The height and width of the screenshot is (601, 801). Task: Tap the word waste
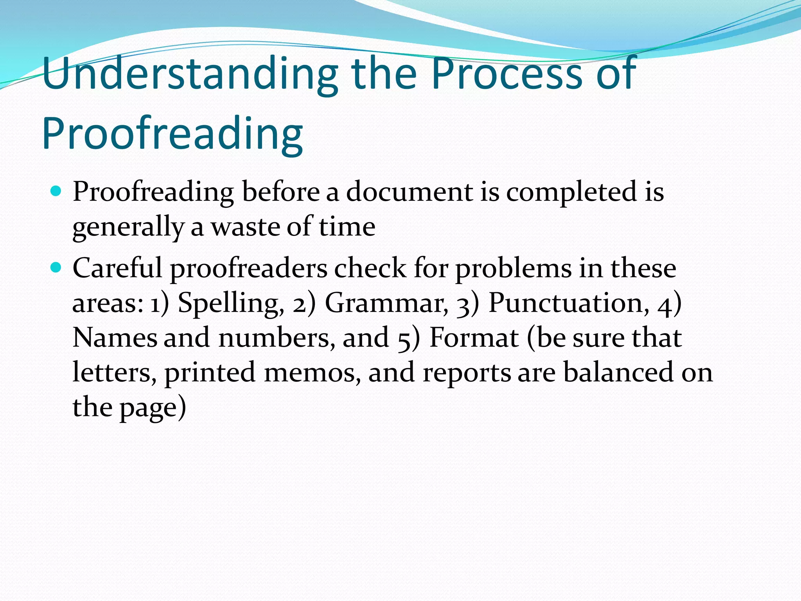click(x=245, y=227)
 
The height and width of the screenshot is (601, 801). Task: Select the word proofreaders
click(x=249, y=269)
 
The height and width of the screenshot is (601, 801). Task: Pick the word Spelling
click(x=231, y=303)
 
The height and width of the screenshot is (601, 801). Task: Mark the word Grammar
click(x=387, y=303)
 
